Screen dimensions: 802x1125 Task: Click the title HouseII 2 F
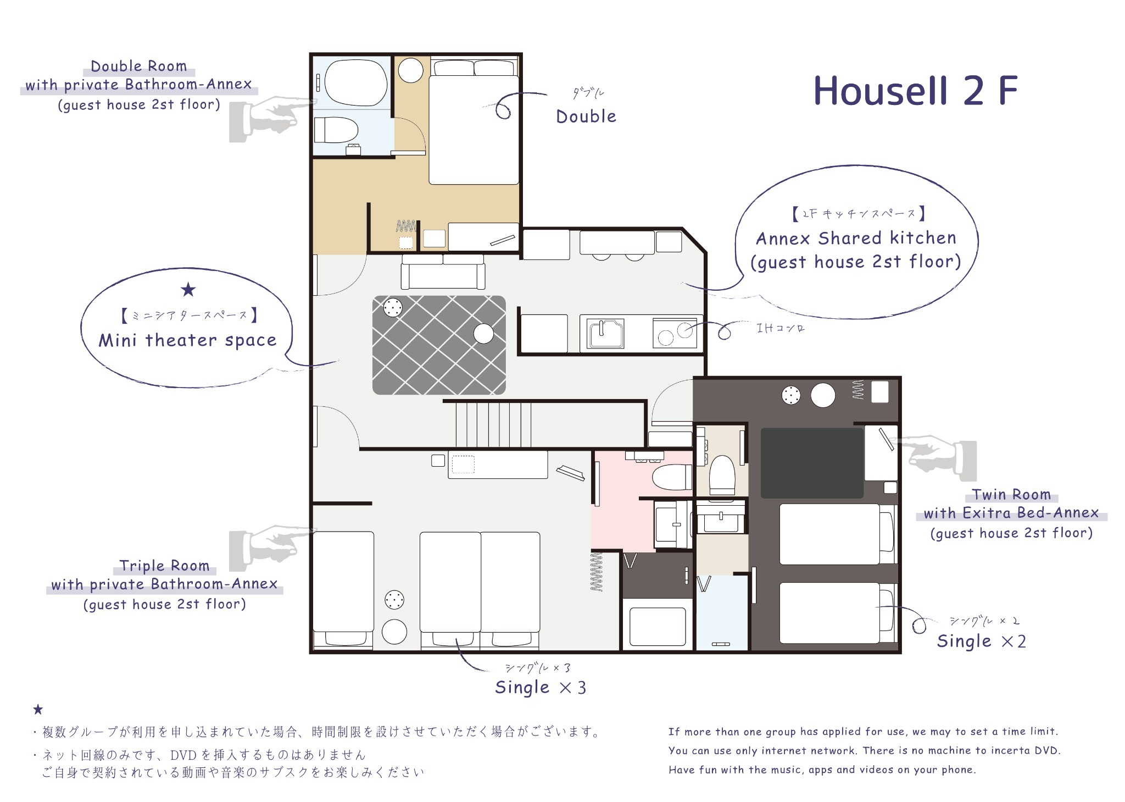[x=915, y=91]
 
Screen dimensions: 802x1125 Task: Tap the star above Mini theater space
[x=188, y=290]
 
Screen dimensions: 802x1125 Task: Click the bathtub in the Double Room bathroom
[x=355, y=83]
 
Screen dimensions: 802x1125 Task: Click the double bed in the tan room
[x=474, y=129]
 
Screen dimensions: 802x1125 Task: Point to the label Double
[x=586, y=117]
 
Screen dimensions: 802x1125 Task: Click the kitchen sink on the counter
[x=605, y=333]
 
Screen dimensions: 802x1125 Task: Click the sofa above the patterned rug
[x=443, y=272]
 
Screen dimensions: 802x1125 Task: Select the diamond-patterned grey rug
[x=439, y=345]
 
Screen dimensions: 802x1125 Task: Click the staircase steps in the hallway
[x=493, y=424]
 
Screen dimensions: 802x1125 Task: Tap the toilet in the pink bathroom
[x=671, y=477]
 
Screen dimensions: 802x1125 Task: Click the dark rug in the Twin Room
[x=812, y=463]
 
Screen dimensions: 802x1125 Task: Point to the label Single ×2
[x=981, y=641]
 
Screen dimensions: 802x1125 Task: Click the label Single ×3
[x=541, y=688]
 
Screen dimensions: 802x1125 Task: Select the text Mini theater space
[x=187, y=340]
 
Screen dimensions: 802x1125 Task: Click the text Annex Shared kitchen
[x=856, y=238]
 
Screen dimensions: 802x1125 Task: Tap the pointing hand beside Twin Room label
[x=937, y=455]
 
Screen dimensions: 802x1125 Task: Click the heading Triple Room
[x=164, y=566]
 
